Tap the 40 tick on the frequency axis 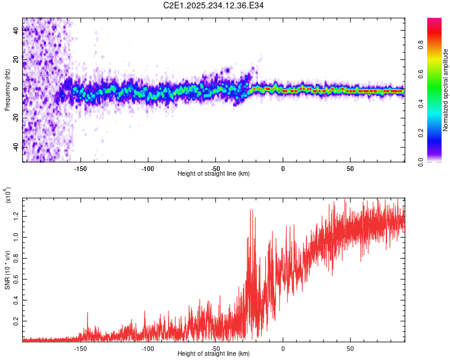16,30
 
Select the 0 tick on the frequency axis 16,89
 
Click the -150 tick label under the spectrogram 81,168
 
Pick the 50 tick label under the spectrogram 350,168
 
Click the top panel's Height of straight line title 214,174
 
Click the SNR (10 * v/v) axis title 8,269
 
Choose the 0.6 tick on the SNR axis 16,279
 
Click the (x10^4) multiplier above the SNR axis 8,196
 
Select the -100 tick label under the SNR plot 148,348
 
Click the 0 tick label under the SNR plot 283,348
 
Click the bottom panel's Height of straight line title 214,354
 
